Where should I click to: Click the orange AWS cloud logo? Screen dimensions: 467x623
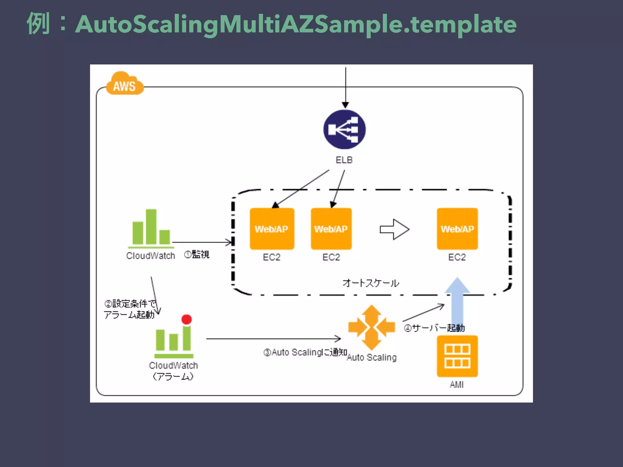pyautogui.click(x=125, y=84)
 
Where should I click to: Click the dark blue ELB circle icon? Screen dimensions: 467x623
pyautogui.click(x=344, y=130)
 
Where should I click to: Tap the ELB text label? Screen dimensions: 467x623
pyautogui.click(x=344, y=160)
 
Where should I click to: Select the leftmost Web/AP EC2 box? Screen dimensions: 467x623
pyautogui.click(x=272, y=229)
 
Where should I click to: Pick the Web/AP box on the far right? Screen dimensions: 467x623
pyautogui.click(x=457, y=229)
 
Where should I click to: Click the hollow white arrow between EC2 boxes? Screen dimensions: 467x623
pyautogui.click(x=395, y=229)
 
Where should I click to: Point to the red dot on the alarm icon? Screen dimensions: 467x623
pyautogui.click(x=186, y=319)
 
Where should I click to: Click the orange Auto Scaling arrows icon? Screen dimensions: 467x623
pyautogui.click(x=371, y=327)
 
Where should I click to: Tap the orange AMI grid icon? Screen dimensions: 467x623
pyautogui.click(x=457, y=356)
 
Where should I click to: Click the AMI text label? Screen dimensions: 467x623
pyautogui.click(x=457, y=385)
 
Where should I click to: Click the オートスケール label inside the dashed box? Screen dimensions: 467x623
pyautogui.click(x=371, y=283)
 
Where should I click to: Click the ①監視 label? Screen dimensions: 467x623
pyautogui.click(x=197, y=254)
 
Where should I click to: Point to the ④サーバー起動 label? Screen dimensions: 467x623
pyautogui.click(x=434, y=328)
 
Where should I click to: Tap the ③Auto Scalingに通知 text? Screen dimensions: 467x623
pyautogui.click(x=305, y=352)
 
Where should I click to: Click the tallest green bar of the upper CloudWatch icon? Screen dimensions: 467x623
pyautogui.click(x=151, y=227)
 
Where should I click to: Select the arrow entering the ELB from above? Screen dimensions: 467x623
pyautogui.click(x=346, y=88)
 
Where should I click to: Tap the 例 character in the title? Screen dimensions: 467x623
pyautogui.click(x=38, y=24)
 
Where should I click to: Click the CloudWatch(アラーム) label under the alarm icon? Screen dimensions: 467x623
pyautogui.click(x=173, y=371)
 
